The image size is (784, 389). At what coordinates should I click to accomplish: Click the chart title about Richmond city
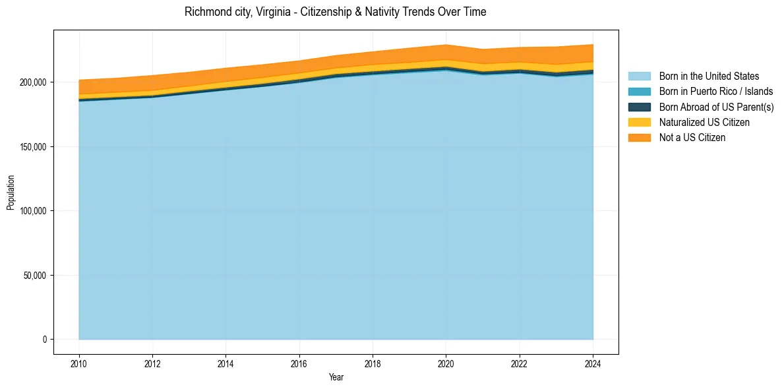pyautogui.click(x=336, y=12)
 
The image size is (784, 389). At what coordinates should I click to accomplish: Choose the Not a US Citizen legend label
pyautogui.click(x=692, y=137)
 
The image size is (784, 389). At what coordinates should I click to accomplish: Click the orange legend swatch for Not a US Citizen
pyautogui.click(x=639, y=137)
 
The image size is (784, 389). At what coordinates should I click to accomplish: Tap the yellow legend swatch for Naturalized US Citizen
pyautogui.click(x=639, y=122)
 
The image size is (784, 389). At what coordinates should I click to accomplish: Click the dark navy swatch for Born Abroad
pyautogui.click(x=639, y=107)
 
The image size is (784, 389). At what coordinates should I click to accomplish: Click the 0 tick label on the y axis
pyautogui.click(x=45, y=340)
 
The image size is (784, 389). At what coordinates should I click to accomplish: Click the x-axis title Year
pyautogui.click(x=336, y=377)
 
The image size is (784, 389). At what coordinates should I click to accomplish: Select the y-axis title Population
pyautogui.click(x=11, y=193)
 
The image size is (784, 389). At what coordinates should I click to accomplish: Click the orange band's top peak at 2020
pyautogui.click(x=446, y=45)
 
